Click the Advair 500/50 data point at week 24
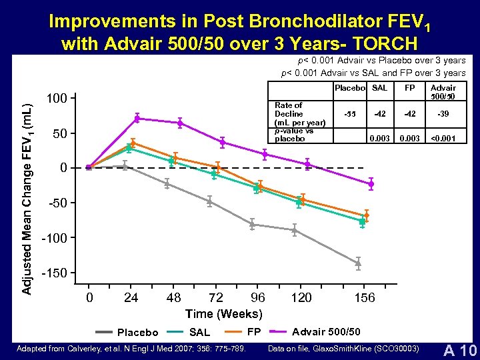point(137,119)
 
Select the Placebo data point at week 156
point(358,263)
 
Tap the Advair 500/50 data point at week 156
point(371,183)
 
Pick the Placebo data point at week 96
point(252,225)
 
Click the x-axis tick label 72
point(216,297)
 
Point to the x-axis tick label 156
point(365,297)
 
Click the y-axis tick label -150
point(55,274)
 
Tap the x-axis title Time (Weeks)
point(223,313)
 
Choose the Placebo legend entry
point(127,332)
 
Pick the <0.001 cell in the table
point(443,139)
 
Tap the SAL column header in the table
point(379,88)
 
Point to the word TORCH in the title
point(383,43)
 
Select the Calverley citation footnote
point(131,349)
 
